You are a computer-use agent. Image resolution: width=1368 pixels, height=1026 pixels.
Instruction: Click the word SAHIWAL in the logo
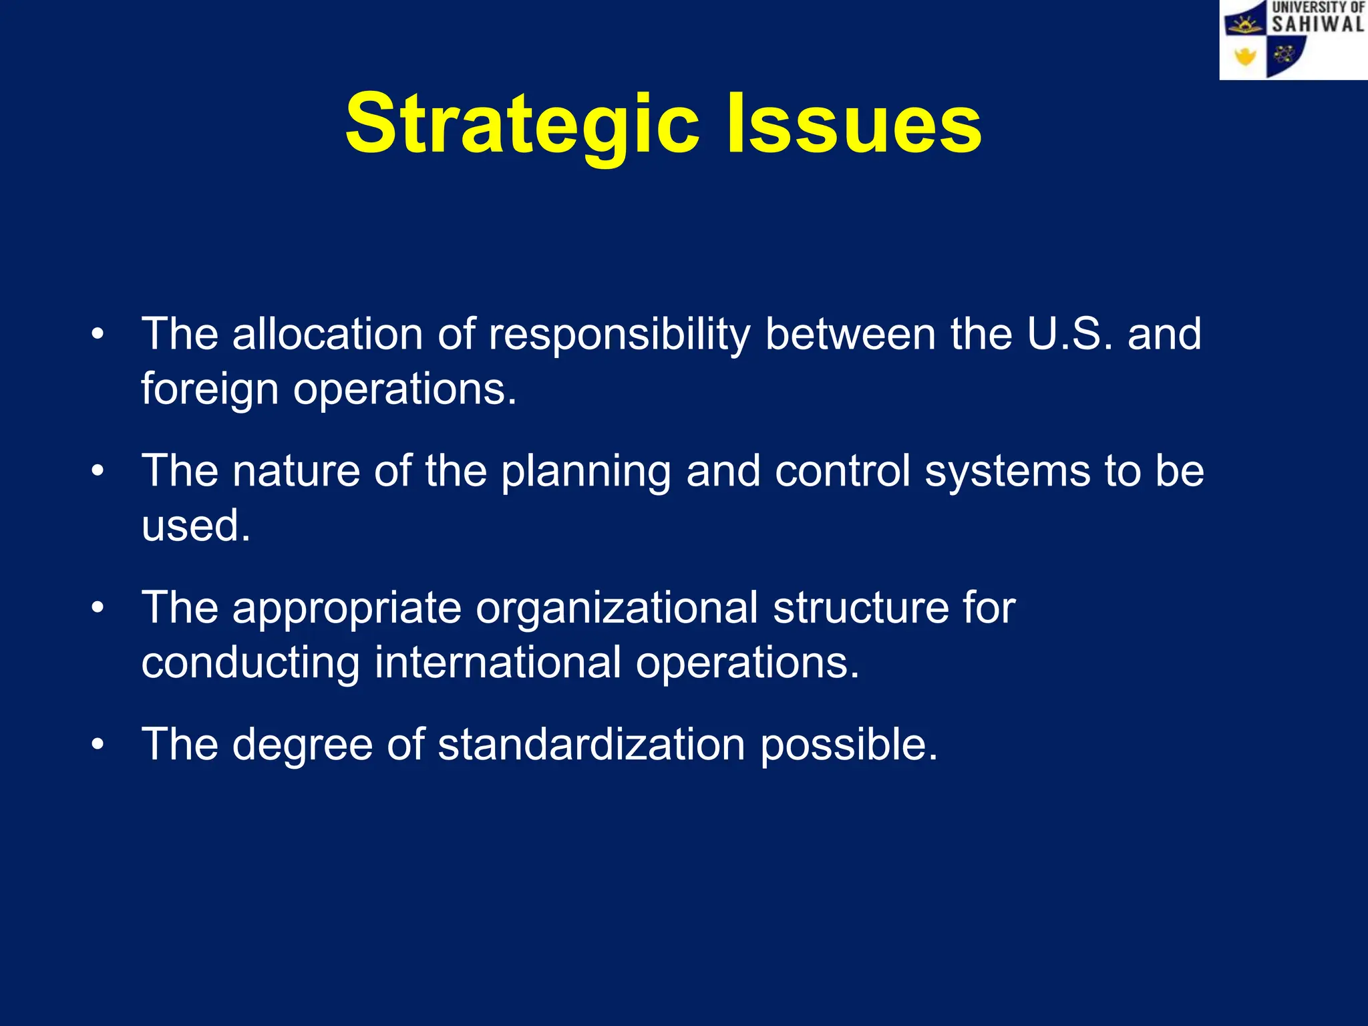[x=1317, y=25]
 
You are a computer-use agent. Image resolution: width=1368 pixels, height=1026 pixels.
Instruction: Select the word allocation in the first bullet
[x=327, y=334]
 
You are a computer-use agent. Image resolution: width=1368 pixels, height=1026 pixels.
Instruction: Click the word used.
[x=195, y=526]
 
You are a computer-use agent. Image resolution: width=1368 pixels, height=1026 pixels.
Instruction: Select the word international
[x=498, y=663]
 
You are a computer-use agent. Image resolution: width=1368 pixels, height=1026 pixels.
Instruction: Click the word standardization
[x=591, y=745]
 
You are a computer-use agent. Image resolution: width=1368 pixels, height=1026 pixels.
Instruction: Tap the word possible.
[x=849, y=745]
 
